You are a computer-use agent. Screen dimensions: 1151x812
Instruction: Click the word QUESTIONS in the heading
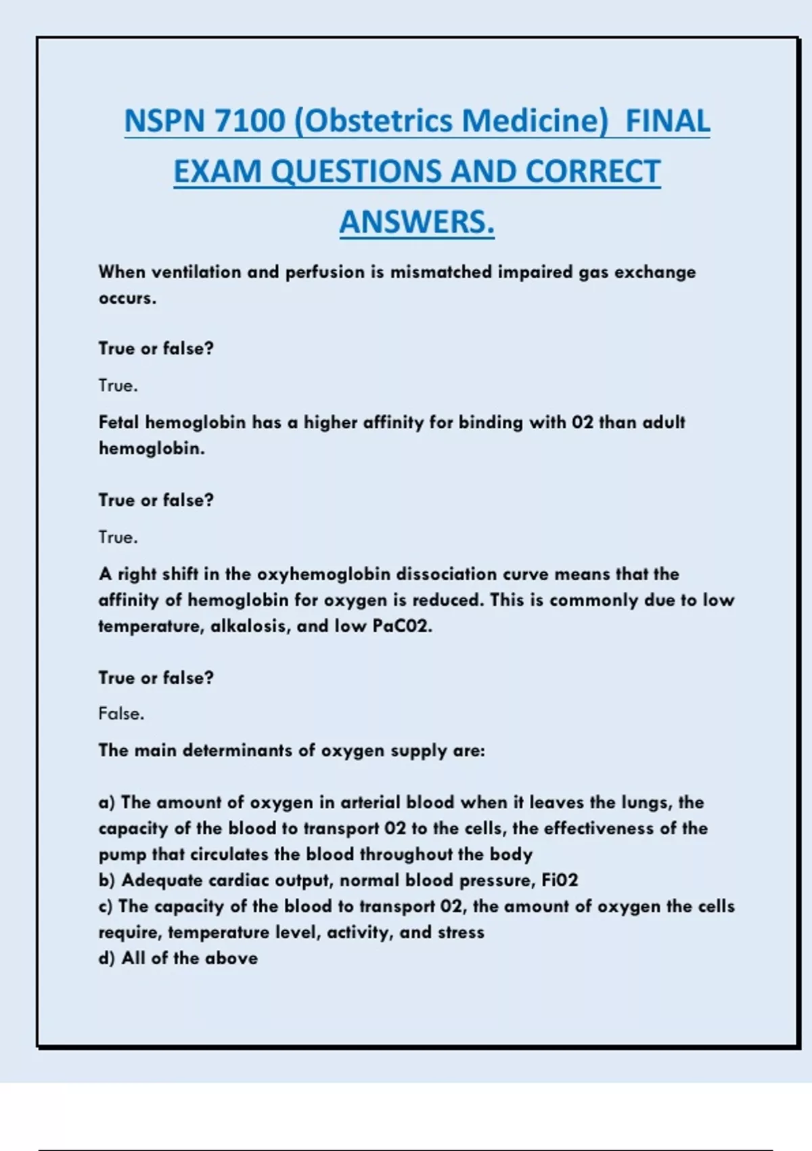356,172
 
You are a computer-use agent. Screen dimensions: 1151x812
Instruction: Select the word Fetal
119,422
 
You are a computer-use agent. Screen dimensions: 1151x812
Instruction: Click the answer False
121,714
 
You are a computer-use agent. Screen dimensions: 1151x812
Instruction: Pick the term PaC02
402,626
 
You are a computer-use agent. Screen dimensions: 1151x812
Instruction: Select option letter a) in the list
107,803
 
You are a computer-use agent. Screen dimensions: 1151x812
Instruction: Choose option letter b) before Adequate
107,881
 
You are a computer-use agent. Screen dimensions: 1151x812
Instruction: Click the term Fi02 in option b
560,881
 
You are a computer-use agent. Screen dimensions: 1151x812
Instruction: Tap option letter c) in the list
106,907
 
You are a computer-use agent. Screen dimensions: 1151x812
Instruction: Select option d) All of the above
178,959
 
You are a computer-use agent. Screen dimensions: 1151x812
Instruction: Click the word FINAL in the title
667,121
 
